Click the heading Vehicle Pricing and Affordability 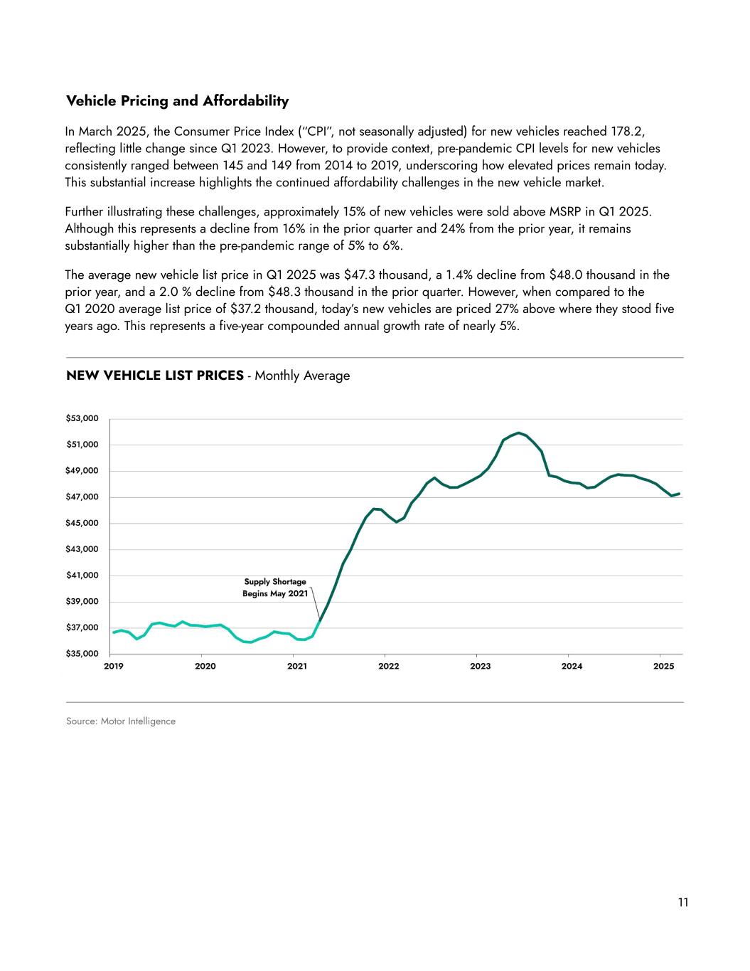coord(177,101)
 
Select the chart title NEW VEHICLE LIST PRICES coord(155,376)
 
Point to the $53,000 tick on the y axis coord(82,418)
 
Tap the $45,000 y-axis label coord(82,523)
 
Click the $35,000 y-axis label coord(82,653)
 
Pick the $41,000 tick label coord(82,575)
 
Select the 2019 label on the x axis coord(114,667)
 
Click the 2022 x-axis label coord(389,667)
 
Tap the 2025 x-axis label coord(663,667)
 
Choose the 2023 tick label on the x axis coord(481,667)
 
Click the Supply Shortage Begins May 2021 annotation coord(275,588)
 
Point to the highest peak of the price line coord(519,433)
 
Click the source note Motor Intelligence coord(121,721)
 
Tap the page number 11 coord(683,903)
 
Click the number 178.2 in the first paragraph coord(626,132)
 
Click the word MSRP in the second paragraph coord(562,212)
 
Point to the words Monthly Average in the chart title coord(302,376)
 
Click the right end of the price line coord(680,494)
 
